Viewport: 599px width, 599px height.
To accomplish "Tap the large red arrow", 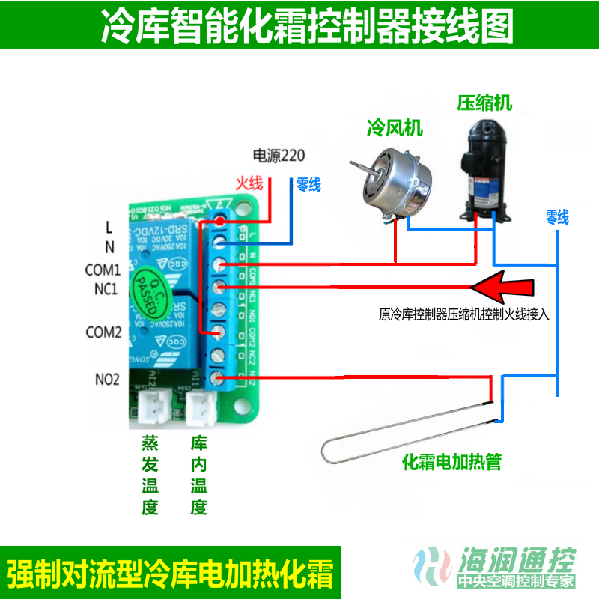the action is tap(502, 287).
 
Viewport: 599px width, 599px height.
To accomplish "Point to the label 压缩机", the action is tap(484, 103).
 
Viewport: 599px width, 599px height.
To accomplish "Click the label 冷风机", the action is tap(394, 128).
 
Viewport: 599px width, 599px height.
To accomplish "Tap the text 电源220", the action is tap(279, 156).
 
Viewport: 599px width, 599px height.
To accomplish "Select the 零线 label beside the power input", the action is tap(308, 184).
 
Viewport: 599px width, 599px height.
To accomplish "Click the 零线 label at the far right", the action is tap(556, 218).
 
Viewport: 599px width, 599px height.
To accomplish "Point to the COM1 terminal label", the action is tap(103, 269).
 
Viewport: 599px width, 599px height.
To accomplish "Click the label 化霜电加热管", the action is tap(451, 462).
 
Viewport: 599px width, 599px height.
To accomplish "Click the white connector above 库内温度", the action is tap(199, 408).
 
